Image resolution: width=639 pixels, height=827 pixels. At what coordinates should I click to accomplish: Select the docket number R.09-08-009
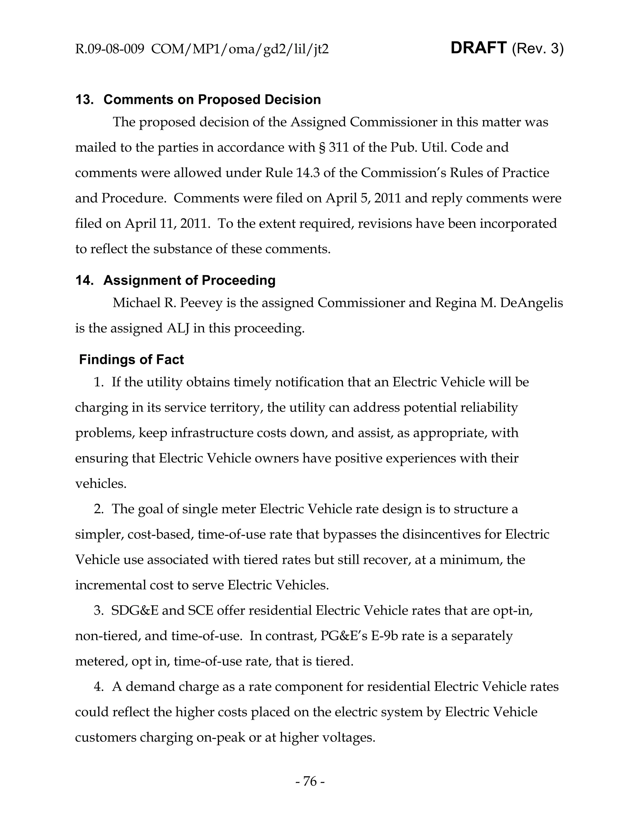[110, 49]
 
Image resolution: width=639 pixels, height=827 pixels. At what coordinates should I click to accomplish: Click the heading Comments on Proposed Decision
[212, 100]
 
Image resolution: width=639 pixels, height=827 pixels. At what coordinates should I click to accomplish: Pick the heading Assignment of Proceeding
[189, 280]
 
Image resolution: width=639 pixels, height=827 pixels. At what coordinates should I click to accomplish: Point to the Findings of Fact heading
[131, 359]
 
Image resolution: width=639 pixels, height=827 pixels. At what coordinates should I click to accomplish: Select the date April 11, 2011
[167, 223]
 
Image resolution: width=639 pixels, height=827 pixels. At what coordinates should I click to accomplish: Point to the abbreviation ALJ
[178, 328]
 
